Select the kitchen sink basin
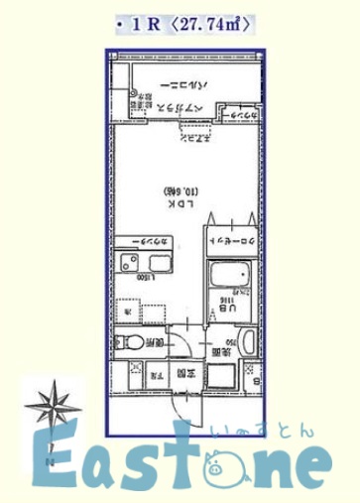pos(155,264)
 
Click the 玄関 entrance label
pos(183,374)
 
